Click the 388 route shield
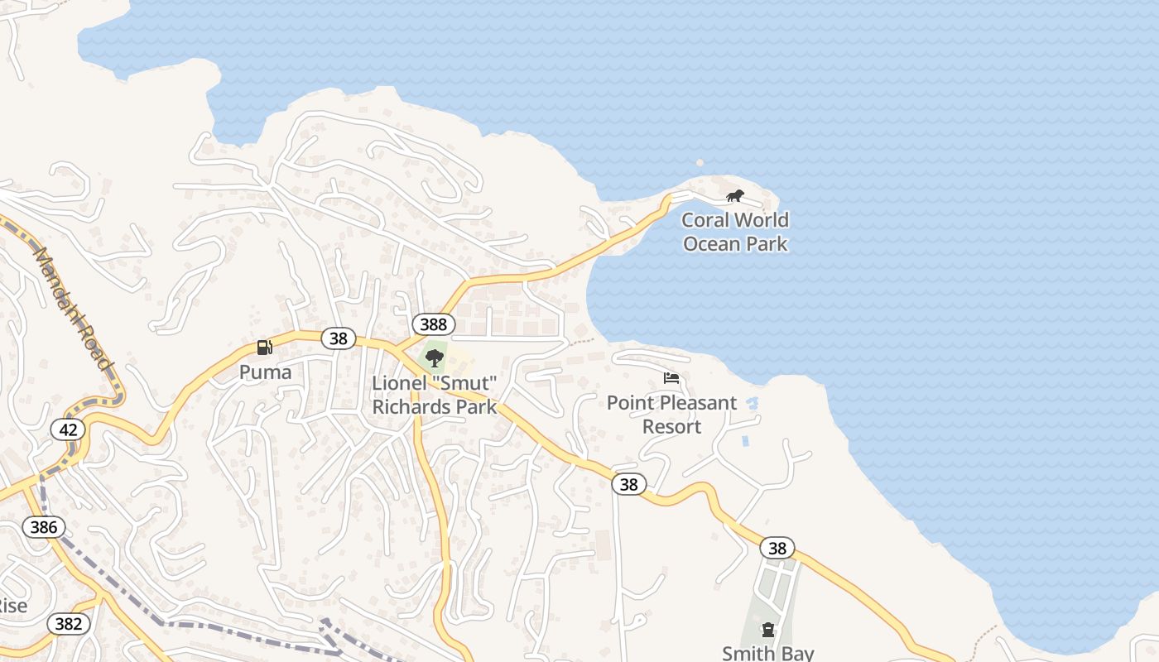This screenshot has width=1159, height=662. [x=433, y=324]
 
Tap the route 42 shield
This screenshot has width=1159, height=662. [x=68, y=429]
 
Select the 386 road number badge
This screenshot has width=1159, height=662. [x=43, y=526]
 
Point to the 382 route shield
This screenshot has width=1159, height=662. [x=68, y=623]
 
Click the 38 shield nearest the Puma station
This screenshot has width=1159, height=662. [x=338, y=338]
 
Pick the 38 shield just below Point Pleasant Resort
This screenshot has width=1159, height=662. [x=628, y=484]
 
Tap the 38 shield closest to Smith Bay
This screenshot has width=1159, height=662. [x=777, y=548]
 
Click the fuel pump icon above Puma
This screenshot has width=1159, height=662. [x=265, y=348]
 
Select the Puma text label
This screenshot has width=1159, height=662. [x=265, y=372]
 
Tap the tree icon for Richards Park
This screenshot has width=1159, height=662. [x=434, y=358]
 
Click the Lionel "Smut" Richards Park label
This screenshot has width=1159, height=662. [x=435, y=395]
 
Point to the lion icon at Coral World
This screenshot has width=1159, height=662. [x=734, y=196]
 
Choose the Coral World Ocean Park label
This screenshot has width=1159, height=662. [x=735, y=232]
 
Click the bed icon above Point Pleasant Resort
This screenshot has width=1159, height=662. [x=671, y=379]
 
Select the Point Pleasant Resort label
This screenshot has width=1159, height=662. [x=671, y=415]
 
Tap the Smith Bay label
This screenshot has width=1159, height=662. [x=768, y=653]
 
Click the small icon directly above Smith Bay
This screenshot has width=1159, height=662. [x=768, y=630]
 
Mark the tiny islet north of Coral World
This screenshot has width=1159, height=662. [x=700, y=163]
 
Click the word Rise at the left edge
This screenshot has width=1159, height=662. [x=12, y=606]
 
